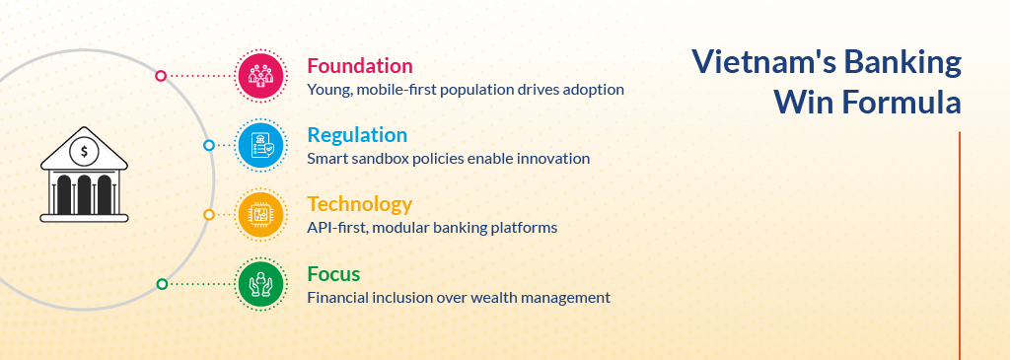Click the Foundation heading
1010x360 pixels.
pyautogui.click(x=359, y=66)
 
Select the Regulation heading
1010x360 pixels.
pyautogui.click(x=357, y=135)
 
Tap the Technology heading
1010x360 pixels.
pyautogui.click(x=359, y=205)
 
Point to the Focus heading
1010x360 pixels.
pyautogui.click(x=333, y=274)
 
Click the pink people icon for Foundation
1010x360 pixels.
pyautogui.click(x=260, y=75)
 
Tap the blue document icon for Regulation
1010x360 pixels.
pyautogui.click(x=260, y=145)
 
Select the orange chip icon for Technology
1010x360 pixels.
pyautogui.click(x=260, y=214)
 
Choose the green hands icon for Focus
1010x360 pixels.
pyautogui.click(x=260, y=283)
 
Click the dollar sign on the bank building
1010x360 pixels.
pyautogui.click(x=84, y=153)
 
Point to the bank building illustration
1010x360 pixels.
pyautogui.click(x=84, y=175)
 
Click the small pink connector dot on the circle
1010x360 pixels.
pyautogui.click(x=161, y=76)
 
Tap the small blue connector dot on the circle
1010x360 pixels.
pyautogui.click(x=209, y=146)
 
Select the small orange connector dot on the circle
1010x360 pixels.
pyautogui.click(x=209, y=214)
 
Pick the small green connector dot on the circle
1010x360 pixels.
pyautogui.click(x=162, y=284)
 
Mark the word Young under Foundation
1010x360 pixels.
pyautogui.click(x=328, y=90)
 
